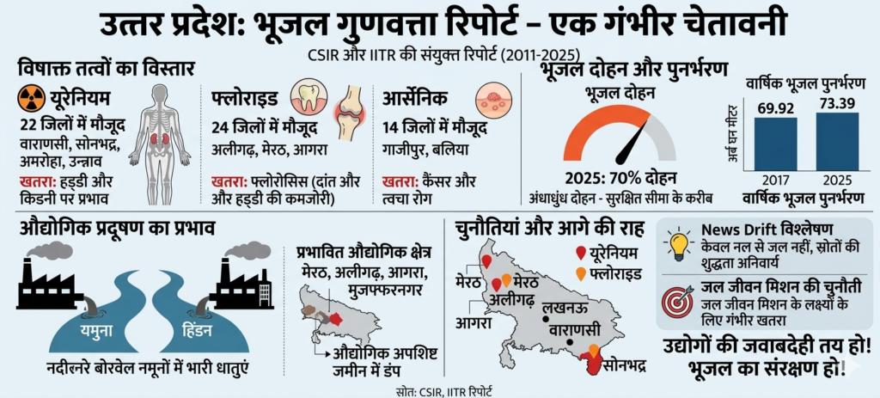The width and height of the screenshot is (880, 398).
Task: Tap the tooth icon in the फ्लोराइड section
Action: pyautogui.click(x=307, y=96)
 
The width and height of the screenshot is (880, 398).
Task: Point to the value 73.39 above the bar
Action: pyautogui.click(x=836, y=102)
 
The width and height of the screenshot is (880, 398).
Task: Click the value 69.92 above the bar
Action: pyautogui.click(x=775, y=107)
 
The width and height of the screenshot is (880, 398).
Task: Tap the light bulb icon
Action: pyautogui.click(x=679, y=244)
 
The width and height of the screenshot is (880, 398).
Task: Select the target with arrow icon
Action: pyautogui.click(x=679, y=301)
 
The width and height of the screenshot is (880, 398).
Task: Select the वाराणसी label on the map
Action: pyautogui.click(x=569, y=330)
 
